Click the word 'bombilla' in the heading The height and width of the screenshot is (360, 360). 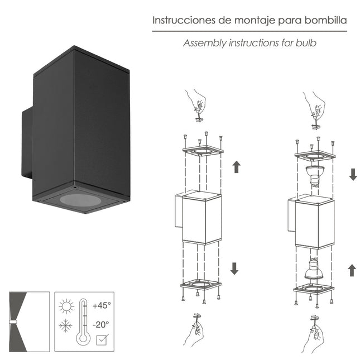coord(326,21)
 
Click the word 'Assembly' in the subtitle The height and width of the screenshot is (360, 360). coord(204,42)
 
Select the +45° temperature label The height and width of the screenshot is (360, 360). coord(102,305)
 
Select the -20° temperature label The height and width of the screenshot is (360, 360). coord(102,324)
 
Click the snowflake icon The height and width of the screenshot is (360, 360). coord(66,325)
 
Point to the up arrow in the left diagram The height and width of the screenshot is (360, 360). coord(236,166)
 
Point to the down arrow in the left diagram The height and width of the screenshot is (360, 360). coord(234,268)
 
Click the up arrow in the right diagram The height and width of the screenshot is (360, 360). coord(352,270)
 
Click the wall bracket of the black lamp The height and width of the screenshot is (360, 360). coord(26,144)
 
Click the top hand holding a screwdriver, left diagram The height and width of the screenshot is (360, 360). coord(197,104)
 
